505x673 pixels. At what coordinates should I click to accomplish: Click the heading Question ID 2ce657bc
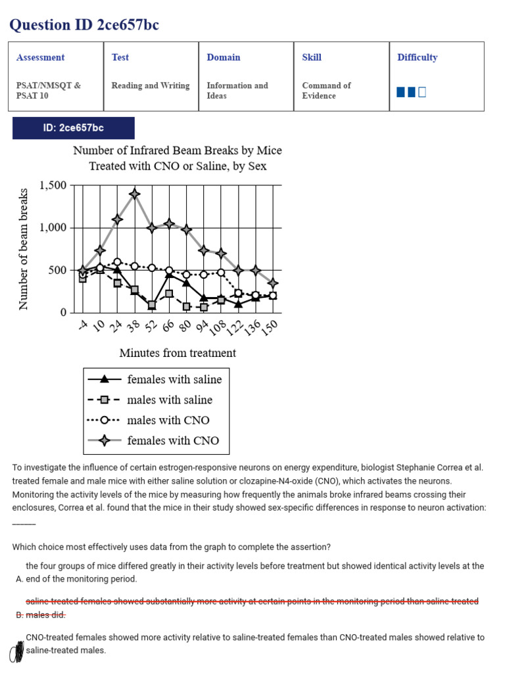point(84,25)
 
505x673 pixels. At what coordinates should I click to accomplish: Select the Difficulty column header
point(417,57)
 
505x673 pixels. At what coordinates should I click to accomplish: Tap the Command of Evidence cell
point(326,91)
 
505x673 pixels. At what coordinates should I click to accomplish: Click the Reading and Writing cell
point(151,85)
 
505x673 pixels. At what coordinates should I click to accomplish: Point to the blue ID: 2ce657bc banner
point(74,128)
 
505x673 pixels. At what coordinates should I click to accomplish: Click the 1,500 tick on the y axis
point(53,185)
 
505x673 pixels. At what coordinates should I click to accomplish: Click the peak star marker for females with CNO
point(135,194)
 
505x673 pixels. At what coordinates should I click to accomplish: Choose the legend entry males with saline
point(170,400)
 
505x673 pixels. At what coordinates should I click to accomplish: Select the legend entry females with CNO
point(173,440)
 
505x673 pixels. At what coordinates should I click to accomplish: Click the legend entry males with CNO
point(168,420)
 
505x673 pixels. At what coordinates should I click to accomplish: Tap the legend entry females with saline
point(174,379)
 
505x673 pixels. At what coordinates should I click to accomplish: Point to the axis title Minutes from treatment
point(178,353)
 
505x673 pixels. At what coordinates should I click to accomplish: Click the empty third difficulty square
point(422,92)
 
